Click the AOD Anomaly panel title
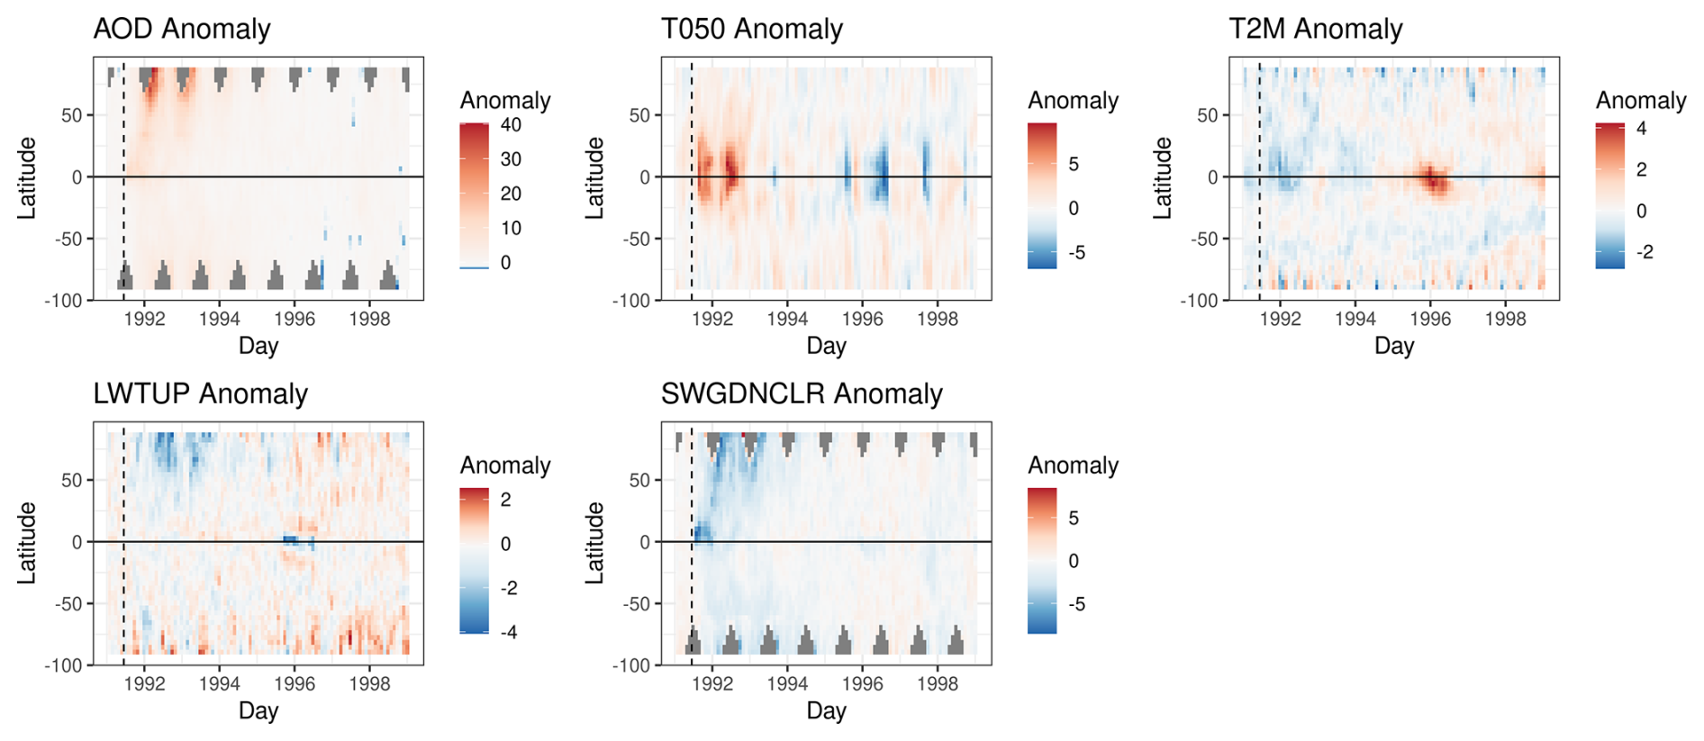(x=182, y=29)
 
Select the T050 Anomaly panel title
(x=752, y=29)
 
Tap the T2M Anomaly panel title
(x=1316, y=29)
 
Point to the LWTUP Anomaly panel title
(x=201, y=393)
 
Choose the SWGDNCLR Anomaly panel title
(x=802, y=393)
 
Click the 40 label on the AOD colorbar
(x=511, y=125)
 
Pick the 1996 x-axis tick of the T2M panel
(x=1430, y=319)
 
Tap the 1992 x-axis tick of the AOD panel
(x=144, y=319)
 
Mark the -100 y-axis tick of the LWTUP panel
(x=63, y=665)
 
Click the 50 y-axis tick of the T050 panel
(x=640, y=115)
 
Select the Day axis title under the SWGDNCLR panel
(x=826, y=710)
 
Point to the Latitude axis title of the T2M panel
(x=1164, y=177)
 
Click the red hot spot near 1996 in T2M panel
(x=1433, y=179)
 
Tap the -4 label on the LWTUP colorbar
(x=509, y=632)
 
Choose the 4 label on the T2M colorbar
(x=1641, y=129)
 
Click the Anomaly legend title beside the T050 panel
(x=1073, y=100)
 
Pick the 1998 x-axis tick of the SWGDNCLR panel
(x=938, y=683)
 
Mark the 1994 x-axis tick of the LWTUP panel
(x=220, y=683)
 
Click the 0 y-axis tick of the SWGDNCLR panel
(x=645, y=542)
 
